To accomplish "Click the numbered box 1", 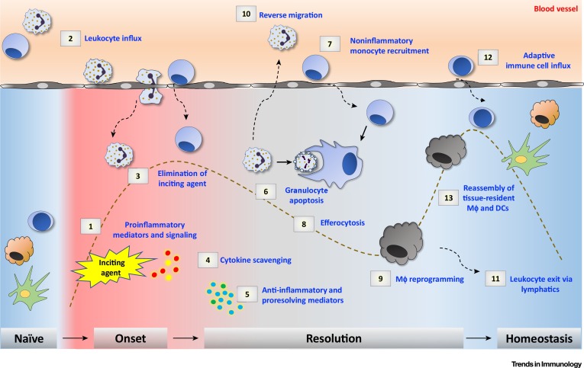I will pos(90,226).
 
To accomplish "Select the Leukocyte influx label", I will pos(96,36).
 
